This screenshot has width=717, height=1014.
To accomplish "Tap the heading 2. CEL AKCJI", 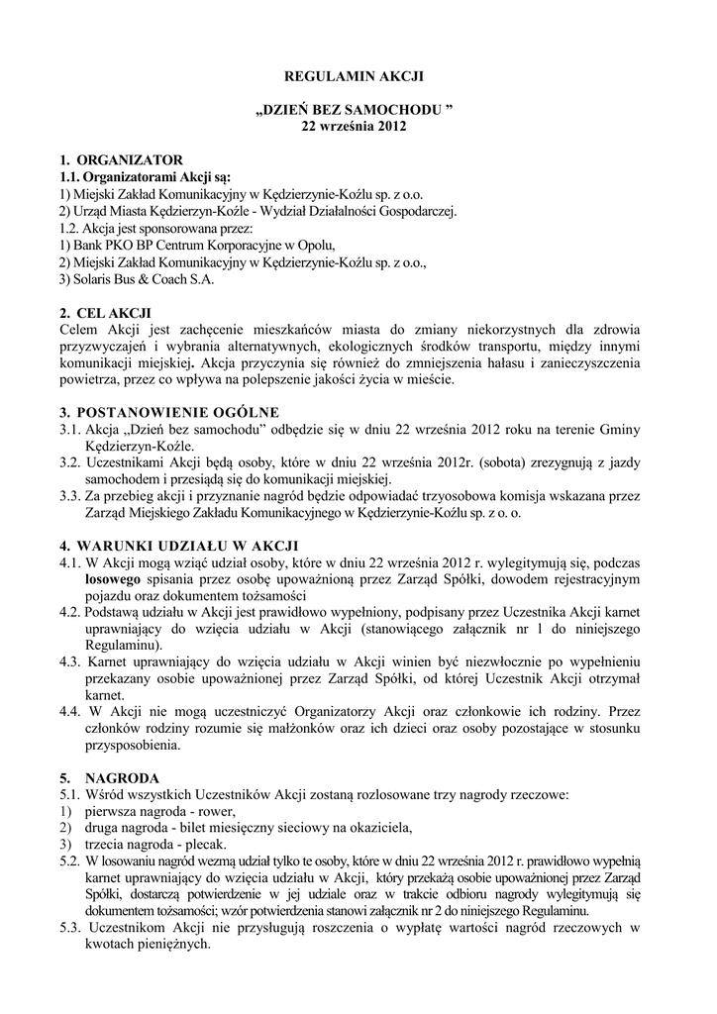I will [106, 313].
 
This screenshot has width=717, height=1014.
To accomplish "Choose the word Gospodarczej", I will [409, 211].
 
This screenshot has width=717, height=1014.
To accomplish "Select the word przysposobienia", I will [136, 748].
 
